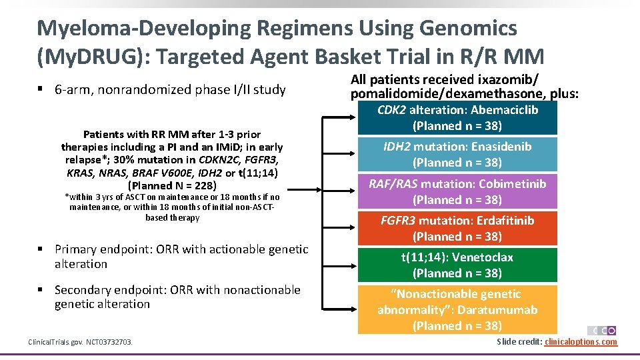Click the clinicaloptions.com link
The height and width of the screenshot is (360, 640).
(581, 342)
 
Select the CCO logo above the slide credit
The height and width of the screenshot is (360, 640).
(601, 331)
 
